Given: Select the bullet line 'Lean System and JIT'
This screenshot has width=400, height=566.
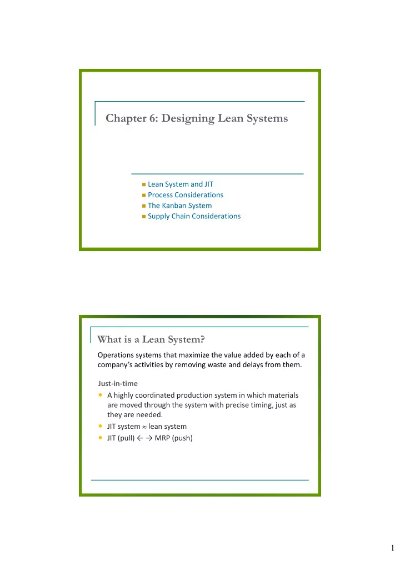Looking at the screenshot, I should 177,184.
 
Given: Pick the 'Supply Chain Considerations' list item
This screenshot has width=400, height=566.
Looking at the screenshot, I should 194,216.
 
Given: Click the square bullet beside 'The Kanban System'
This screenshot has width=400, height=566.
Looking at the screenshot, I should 143,206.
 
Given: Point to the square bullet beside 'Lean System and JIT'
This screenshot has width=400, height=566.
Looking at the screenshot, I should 143,185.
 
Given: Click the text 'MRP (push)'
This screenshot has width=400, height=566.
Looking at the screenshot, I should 174,438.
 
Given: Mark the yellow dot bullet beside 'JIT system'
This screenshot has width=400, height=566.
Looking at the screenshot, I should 100,427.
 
